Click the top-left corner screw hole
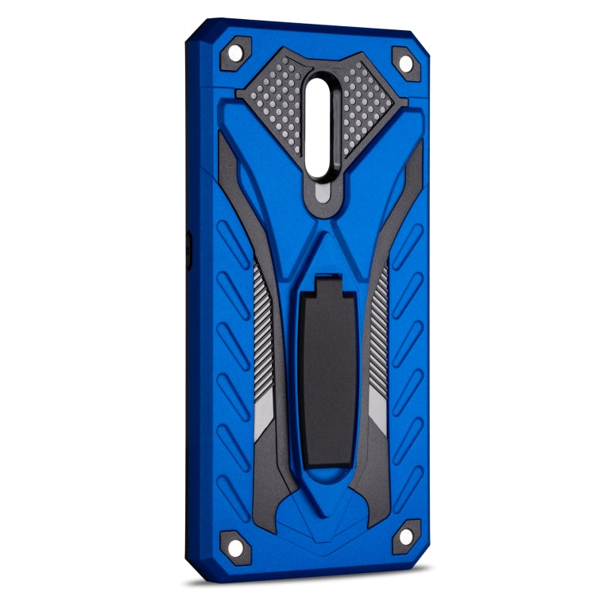pos(236,52)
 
